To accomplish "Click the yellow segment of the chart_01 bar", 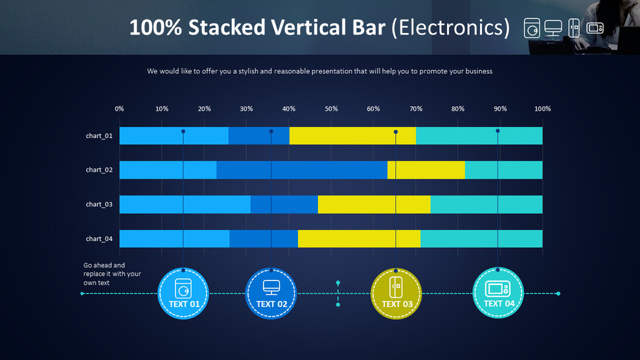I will pyautogui.click(x=352, y=136).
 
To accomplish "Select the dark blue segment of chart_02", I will pyautogui.click(x=301, y=170).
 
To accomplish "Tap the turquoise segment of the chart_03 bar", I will pyautogui.click(x=486, y=205).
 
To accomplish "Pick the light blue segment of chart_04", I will pyautogui.click(x=174, y=239).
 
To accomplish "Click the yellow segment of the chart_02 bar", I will pyautogui.click(x=426, y=170).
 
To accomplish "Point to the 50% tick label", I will pyautogui.click(x=331, y=109).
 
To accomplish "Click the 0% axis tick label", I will pyautogui.click(x=119, y=109).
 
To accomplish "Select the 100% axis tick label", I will pyautogui.click(x=542, y=109).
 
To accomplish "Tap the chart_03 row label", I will pyautogui.click(x=99, y=205).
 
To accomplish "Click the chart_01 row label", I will pyautogui.click(x=99, y=136).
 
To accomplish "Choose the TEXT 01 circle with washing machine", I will pyautogui.click(x=184, y=294).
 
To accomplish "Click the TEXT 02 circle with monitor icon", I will pyautogui.click(x=271, y=294).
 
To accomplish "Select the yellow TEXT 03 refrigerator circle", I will pyautogui.click(x=396, y=294).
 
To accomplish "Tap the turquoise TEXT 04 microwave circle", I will pyautogui.click(x=498, y=294).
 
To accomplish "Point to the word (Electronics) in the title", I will pyautogui.click(x=450, y=28).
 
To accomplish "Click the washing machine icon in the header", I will pyautogui.click(x=532, y=28).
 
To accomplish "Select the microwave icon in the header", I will pyautogui.click(x=595, y=28).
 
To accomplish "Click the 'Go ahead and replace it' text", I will pyautogui.click(x=112, y=274).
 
